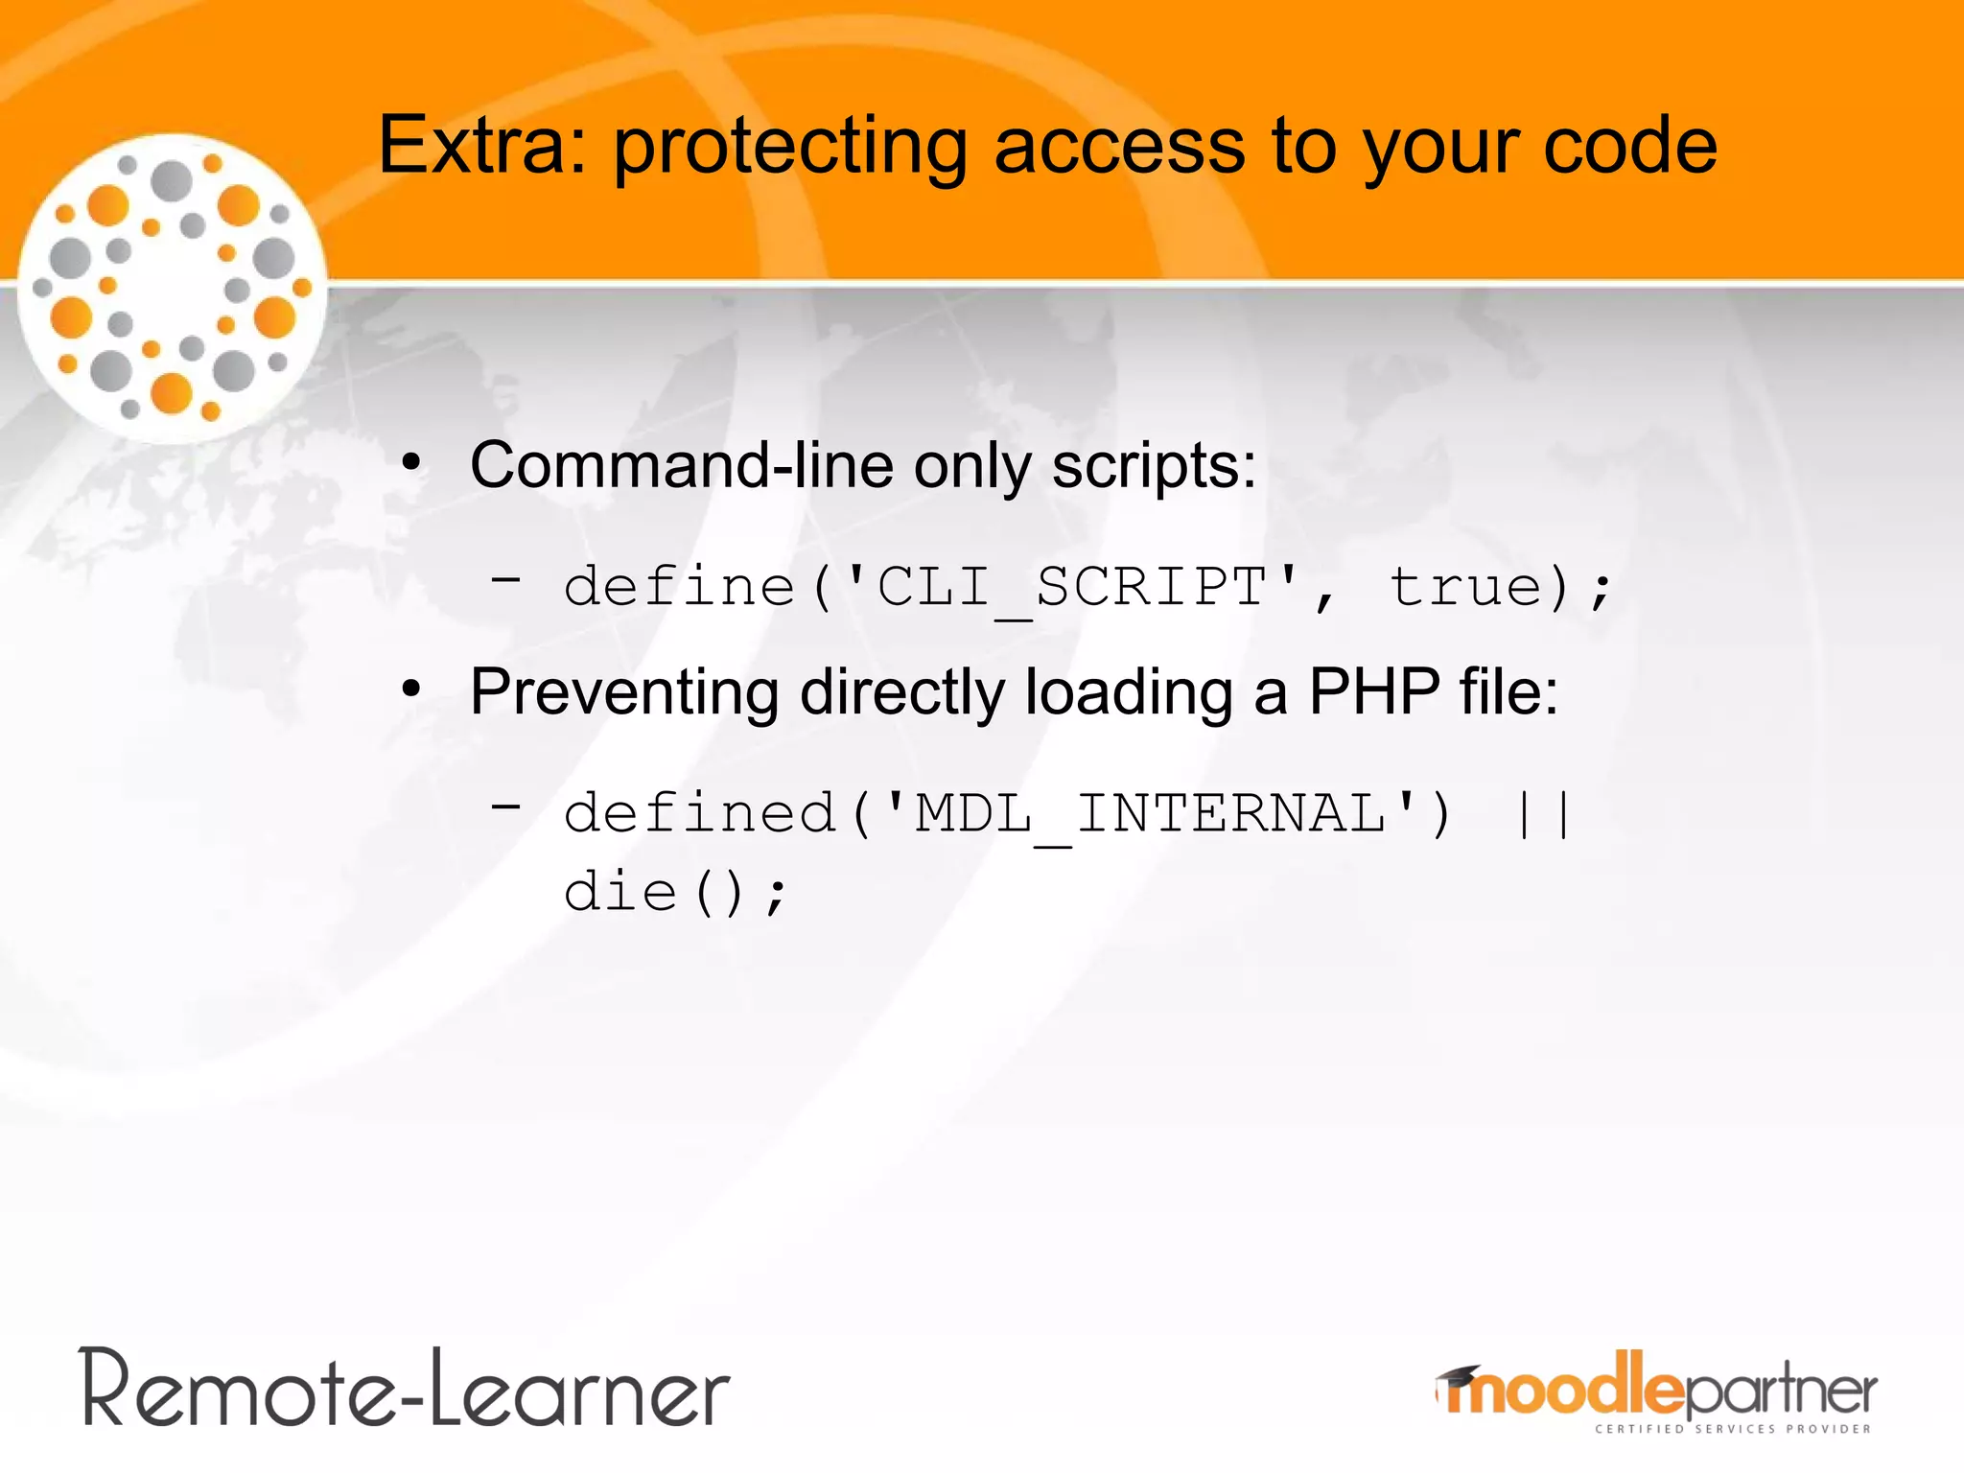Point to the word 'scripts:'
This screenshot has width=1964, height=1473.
(x=1154, y=467)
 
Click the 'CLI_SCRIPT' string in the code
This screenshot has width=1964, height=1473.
(x=1072, y=587)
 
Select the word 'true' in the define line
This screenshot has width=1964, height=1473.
(x=1466, y=587)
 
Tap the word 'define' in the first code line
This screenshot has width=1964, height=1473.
(x=679, y=587)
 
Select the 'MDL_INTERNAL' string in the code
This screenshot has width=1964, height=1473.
(x=1151, y=814)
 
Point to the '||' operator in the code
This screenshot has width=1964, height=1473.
(x=1542, y=814)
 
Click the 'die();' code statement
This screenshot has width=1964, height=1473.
(x=675, y=893)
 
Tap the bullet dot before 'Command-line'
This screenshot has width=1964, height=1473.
(x=411, y=464)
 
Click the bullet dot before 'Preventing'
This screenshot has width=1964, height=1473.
(x=411, y=690)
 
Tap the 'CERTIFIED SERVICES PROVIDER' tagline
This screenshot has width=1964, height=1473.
(x=1732, y=1429)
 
